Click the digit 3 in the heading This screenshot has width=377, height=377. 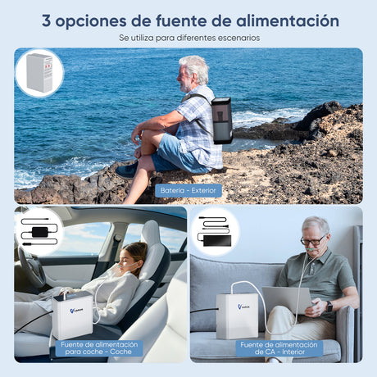(x=47, y=21)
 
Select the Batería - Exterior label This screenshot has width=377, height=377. (x=188, y=190)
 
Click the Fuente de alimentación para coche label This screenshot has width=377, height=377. (x=98, y=347)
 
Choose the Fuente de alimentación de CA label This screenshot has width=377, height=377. (x=279, y=347)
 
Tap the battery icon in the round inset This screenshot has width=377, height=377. (x=39, y=72)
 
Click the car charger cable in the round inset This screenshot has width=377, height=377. (x=39, y=232)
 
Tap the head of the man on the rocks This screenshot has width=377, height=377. (x=193, y=71)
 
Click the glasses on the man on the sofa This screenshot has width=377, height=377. (x=312, y=240)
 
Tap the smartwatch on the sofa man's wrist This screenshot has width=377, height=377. (x=329, y=305)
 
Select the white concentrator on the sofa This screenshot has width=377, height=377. (x=237, y=315)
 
